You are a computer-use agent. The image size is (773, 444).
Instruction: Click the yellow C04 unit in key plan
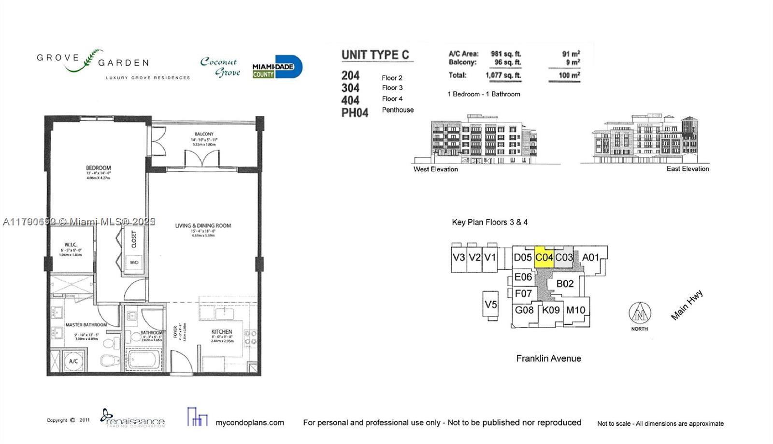click(544, 257)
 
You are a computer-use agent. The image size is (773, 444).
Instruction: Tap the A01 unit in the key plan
click(590, 257)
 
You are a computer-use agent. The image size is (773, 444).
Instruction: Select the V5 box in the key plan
click(491, 305)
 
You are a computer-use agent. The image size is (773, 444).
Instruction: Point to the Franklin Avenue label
click(548, 358)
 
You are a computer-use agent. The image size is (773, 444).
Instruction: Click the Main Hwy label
click(687, 305)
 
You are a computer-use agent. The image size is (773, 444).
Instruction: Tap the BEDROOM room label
click(99, 168)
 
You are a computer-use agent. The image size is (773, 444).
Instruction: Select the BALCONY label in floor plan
click(204, 134)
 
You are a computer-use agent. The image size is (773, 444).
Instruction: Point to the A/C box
click(73, 361)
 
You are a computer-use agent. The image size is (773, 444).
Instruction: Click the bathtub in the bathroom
click(143, 360)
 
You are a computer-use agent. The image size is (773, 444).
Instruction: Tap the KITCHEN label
click(221, 332)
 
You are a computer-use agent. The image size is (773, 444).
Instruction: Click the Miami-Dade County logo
click(277, 67)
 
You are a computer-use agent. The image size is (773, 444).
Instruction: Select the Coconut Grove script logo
click(220, 67)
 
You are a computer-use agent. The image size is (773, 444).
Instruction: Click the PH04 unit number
click(355, 113)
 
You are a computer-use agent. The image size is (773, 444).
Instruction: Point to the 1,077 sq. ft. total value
click(503, 75)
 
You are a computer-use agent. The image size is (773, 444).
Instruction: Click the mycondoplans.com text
click(249, 422)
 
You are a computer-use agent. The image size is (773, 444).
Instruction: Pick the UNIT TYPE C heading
click(375, 55)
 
